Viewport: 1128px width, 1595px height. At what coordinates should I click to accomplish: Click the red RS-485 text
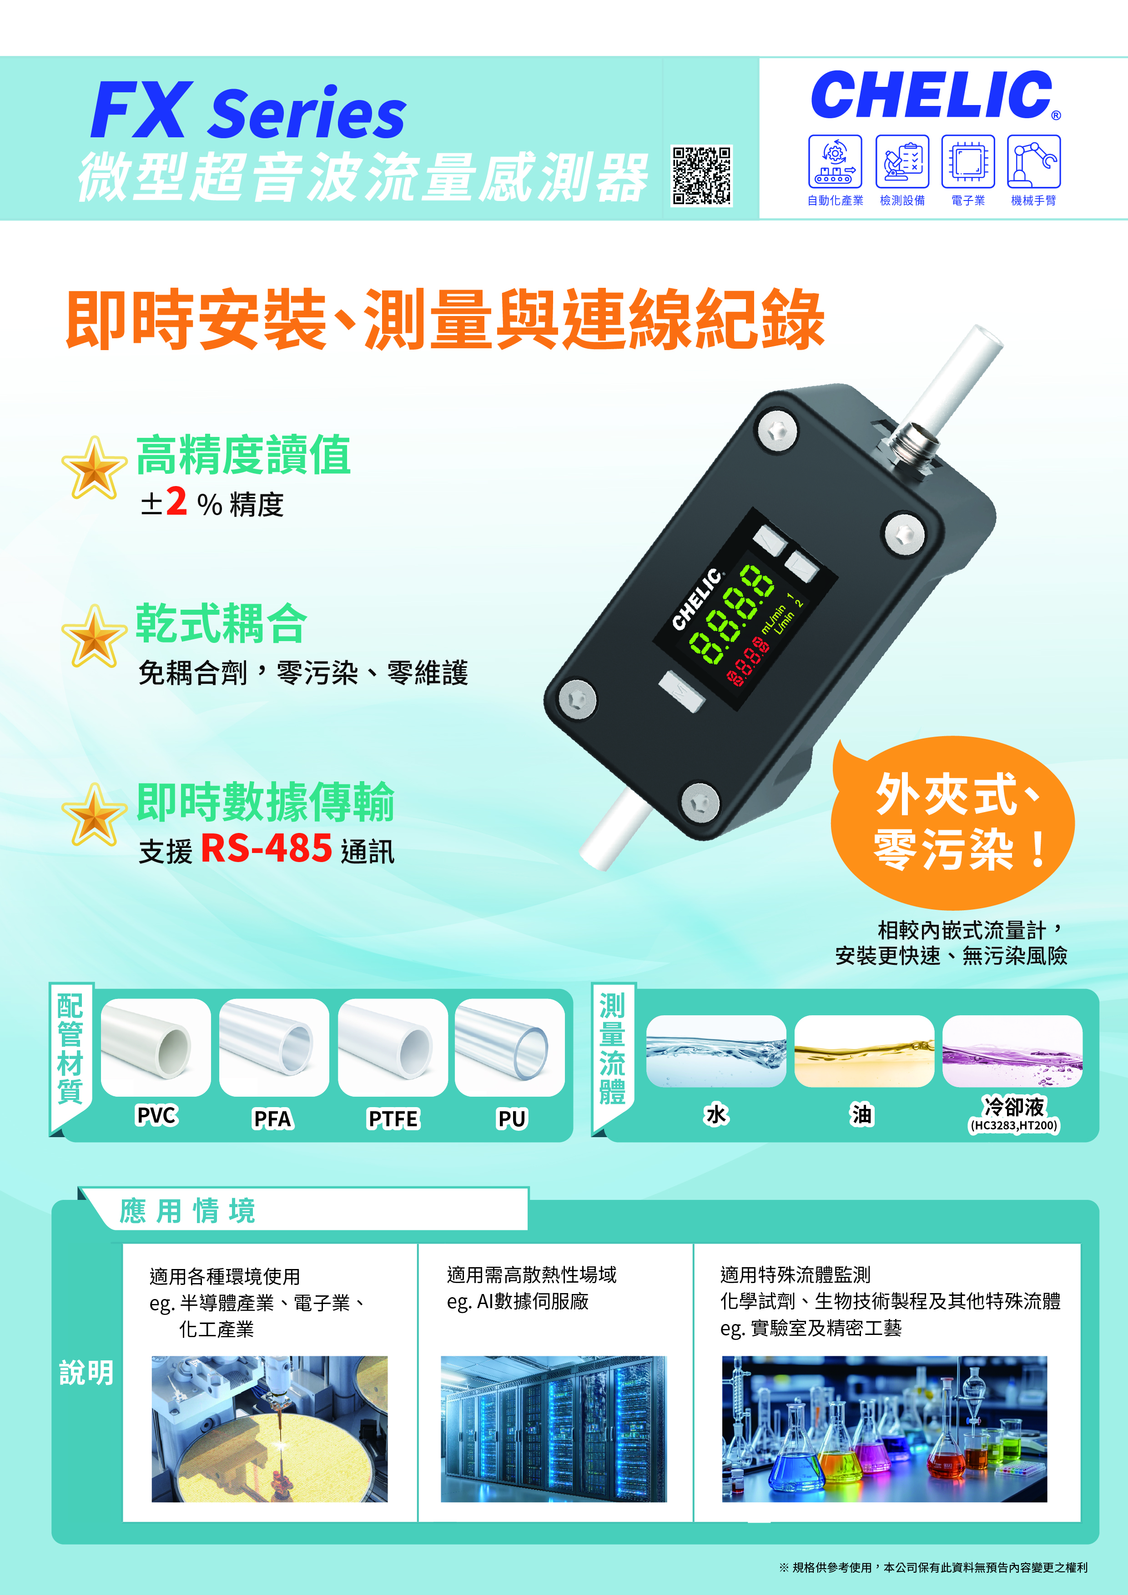(x=266, y=848)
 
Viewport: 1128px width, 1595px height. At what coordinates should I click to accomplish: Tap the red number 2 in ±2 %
(x=176, y=501)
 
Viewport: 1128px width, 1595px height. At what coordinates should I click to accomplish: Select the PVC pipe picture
(x=156, y=1047)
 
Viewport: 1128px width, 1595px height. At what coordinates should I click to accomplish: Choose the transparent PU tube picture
(x=509, y=1047)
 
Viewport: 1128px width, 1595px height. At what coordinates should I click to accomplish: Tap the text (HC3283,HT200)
(x=1013, y=1125)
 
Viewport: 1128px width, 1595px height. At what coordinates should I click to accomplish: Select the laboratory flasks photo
(x=884, y=1429)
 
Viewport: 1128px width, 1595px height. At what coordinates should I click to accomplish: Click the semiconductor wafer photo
(x=270, y=1429)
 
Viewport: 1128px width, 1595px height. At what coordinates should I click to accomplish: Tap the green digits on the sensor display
(x=730, y=613)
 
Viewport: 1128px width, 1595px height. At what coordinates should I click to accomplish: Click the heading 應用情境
(x=188, y=1211)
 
